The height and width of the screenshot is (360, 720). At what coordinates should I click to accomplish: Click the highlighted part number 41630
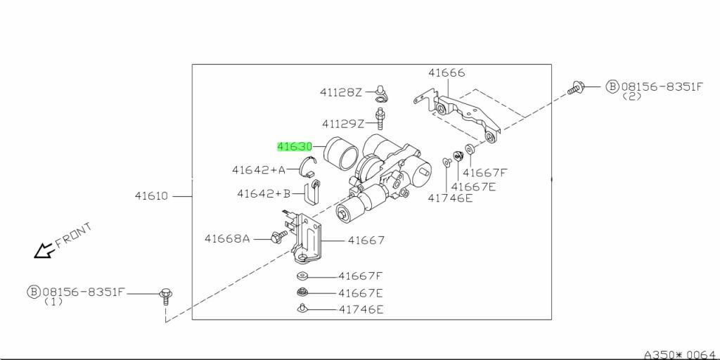295,147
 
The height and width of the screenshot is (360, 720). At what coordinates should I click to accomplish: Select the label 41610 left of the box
152,196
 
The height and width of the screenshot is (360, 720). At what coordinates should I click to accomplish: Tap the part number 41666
446,72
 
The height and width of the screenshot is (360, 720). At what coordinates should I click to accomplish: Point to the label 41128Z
341,92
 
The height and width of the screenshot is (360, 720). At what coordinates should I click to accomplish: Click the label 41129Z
343,124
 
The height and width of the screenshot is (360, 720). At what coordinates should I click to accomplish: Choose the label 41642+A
259,170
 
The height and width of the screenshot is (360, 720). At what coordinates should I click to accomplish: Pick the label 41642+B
264,194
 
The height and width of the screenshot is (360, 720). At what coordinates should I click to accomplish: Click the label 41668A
227,239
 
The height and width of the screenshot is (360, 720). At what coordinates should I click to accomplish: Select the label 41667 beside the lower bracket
366,240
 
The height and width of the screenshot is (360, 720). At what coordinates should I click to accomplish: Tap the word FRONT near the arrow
73,235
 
